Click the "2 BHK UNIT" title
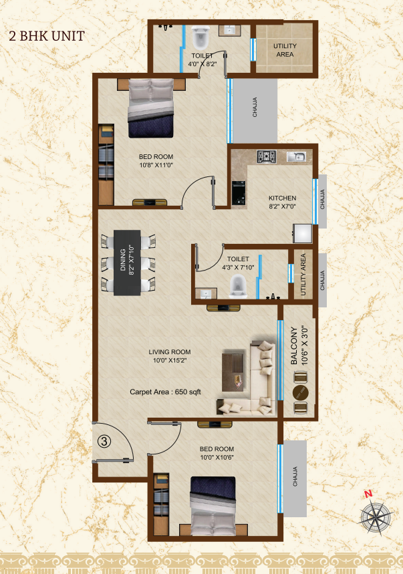click(x=47, y=36)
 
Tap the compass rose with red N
click(x=376, y=515)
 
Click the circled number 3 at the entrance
click(x=104, y=442)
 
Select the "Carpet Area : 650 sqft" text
click(x=166, y=392)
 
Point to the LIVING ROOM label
click(x=170, y=351)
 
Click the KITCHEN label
click(x=282, y=198)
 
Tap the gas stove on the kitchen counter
click(x=266, y=156)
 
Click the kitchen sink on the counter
click(x=296, y=156)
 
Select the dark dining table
click(x=127, y=263)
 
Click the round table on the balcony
click(x=301, y=393)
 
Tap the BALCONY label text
click(x=294, y=345)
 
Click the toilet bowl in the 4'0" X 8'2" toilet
click(x=200, y=37)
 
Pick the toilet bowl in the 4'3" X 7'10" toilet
click(x=238, y=287)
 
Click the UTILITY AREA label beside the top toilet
click(x=285, y=50)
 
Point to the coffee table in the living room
click(x=233, y=372)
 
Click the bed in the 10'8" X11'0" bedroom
click(x=150, y=108)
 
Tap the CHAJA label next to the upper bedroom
click(x=255, y=108)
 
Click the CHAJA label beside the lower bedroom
click(x=295, y=476)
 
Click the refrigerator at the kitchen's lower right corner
click(x=303, y=233)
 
